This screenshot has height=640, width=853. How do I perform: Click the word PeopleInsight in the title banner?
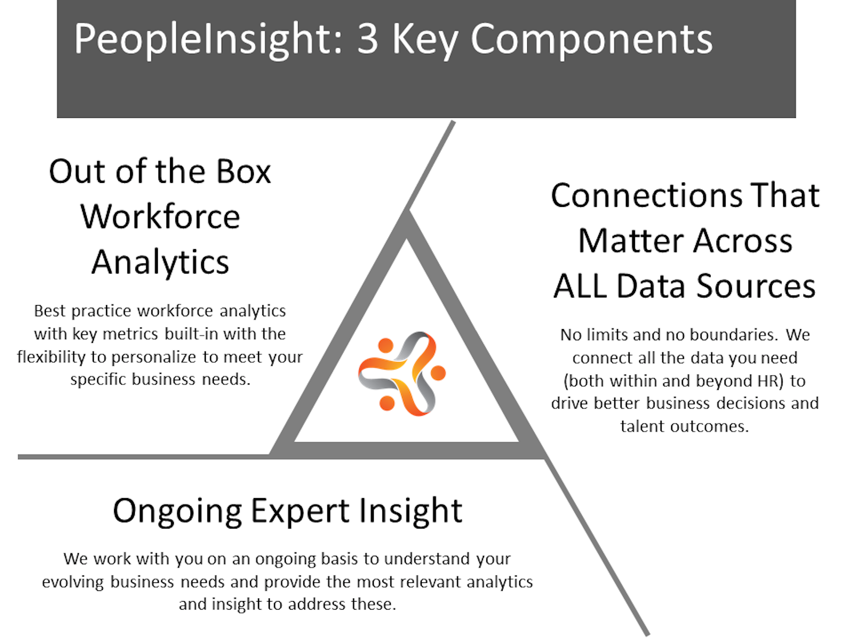pyautogui.click(x=208, y=39)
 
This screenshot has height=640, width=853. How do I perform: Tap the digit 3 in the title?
pyautogui.click(x=367, y=38)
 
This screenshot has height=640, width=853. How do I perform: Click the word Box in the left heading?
pyautogui.click(x=243, y=171)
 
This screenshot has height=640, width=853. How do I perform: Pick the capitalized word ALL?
pyautogui.click(x=580, y=286)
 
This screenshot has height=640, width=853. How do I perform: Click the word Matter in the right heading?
pyautogui.click(x=630, y=241)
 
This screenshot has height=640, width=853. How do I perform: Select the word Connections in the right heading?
pyautogui.click(x=647, y=195)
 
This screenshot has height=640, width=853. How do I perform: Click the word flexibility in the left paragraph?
pyautogui.click(x=51, y=357)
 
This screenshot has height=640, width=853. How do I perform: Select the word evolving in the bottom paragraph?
pyautogui.click(x=73, y=582)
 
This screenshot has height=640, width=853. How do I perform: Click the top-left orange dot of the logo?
pyautogui.click(x=385, y=346)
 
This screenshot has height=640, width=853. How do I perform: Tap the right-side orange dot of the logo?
pyautogui.click(x=438, y=373)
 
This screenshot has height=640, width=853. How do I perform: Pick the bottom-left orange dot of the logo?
pyautogui.click(x=387, y=403)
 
